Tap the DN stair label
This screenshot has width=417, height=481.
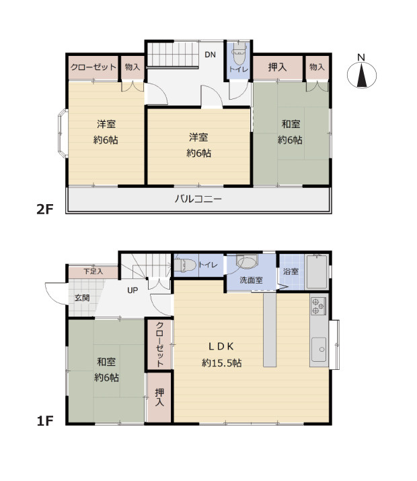click(x=210, y=55)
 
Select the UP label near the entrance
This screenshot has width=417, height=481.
click(x=132, y=290)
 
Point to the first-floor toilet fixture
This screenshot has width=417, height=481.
click(x=185, y=265)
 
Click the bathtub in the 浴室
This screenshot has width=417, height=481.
click(x=317, y=271)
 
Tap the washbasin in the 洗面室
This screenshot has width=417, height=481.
click(x=247, y=261)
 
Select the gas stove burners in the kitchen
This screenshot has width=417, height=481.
click(x=318, y=306)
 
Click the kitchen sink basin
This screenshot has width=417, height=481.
click(x=319, y=350)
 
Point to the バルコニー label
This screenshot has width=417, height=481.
click(x=198, y=199)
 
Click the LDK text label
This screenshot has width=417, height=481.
click(x=221, y=347)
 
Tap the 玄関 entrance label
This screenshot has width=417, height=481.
click(x=82, y=298)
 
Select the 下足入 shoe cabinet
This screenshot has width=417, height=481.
click(x=93, y=272)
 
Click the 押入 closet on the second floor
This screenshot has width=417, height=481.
click(x=278, y=67)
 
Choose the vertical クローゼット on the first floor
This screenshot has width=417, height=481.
click(x=159, y=344)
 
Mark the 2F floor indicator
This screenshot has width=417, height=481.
click(x=45, y=210)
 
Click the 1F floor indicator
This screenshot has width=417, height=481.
click(x=45, y=421)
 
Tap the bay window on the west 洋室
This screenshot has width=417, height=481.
click(x=63, y=133)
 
